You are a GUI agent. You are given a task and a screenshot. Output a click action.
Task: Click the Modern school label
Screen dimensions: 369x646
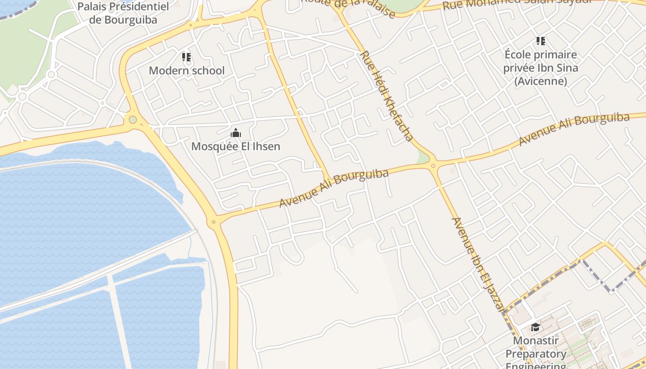(186, 71)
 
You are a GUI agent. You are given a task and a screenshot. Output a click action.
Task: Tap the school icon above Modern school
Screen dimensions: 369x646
(186, 57)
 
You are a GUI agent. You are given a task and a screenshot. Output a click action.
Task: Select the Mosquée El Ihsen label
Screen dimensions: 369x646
(236, 147)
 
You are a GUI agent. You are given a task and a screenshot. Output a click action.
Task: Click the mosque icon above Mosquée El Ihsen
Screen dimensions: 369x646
(236, 133)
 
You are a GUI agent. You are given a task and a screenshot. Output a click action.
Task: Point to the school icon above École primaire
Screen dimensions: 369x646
(541, 41)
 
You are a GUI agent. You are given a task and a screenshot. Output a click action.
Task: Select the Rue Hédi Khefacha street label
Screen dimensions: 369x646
(386, 95)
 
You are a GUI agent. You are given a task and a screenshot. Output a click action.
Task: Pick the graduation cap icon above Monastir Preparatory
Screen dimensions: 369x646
(535, 327)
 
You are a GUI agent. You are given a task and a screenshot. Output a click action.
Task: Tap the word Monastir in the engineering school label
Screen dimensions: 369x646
(536, 341)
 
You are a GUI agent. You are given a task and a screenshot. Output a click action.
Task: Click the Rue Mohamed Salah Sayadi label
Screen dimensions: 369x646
(517, 4)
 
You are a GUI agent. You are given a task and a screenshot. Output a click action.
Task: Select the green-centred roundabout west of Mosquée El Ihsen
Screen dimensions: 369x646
(133, 120)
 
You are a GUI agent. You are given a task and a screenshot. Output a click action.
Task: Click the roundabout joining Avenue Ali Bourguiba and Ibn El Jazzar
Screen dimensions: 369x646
(433, 165)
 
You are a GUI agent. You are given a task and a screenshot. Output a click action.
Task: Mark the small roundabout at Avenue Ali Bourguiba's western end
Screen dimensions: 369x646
(213, 222)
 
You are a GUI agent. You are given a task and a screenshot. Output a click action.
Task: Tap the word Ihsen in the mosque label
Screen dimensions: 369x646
(265, 147)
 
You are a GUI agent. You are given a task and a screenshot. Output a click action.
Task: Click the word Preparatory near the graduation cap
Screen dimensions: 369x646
(536, 354)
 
